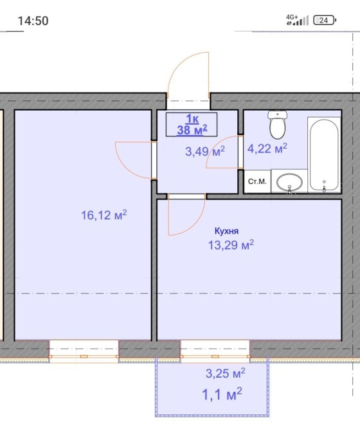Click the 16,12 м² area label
[104, 215]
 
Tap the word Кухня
[226, 231]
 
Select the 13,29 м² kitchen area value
[231, 244]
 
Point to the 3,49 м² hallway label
[205, 151]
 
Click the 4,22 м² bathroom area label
[267, 149]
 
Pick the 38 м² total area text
[192, 130]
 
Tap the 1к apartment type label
[192, 119]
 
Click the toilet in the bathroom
[278, 125]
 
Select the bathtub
[324, 154]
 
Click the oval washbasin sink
[289, 182]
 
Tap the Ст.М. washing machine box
[257, 181]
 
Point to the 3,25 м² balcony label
[226, 373]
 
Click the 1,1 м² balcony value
[222, 394]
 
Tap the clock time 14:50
[33, 21]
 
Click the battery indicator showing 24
[325, 20]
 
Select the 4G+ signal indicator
[297, 20]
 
